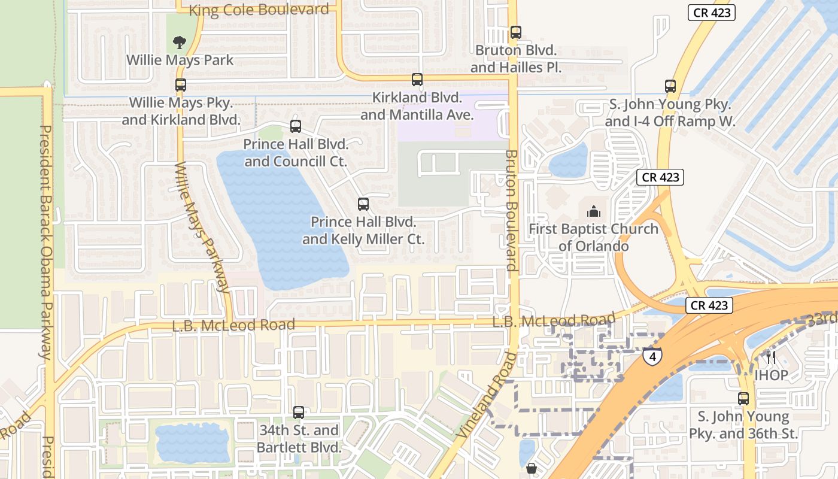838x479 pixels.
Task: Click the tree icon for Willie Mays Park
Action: pos(179,42)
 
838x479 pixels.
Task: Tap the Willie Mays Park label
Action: pos(180,60)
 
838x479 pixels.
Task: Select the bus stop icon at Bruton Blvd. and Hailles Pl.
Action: pos(515,32)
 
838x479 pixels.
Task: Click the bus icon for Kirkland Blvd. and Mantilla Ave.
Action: pos(417,80)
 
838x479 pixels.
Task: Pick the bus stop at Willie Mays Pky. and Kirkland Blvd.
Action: pos(181,85)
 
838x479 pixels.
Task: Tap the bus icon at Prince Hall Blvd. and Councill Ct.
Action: pos(296,126)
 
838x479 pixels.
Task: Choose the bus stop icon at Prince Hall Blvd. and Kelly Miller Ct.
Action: pos(363,204)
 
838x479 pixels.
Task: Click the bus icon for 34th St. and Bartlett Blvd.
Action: pos(299,413)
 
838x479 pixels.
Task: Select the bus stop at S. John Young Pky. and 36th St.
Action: pos(743,399)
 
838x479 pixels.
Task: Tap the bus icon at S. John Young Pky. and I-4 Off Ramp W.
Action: pos(670,86)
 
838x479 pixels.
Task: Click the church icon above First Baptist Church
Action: pos(593,211)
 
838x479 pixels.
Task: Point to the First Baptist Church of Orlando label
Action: pos(593,238)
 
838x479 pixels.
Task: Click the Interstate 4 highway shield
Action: pos(652,357)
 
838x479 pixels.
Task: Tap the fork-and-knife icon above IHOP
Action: pos(771,357)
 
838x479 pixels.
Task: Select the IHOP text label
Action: pos(771,375)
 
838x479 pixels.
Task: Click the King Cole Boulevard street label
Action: pos(259,10)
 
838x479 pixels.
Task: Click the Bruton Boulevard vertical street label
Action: pos(511,210)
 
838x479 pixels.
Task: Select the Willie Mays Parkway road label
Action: pos(202,227)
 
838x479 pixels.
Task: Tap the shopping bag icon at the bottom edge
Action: pos(531,468)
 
